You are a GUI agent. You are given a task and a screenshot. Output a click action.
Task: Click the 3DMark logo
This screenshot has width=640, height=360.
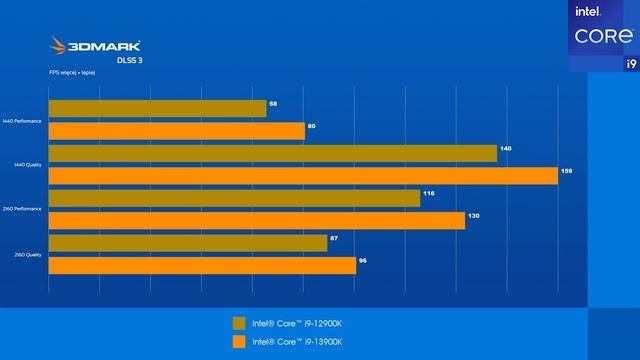96,46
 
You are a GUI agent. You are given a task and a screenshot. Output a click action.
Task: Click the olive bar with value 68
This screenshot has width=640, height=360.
157,109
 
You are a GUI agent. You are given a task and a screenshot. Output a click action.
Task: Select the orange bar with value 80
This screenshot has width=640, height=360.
176,131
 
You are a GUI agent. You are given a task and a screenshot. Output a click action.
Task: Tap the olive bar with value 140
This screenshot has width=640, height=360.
272,153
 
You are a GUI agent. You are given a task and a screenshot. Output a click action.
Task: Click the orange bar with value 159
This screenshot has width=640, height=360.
302,175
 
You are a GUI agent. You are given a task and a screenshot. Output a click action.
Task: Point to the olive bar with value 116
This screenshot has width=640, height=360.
234,198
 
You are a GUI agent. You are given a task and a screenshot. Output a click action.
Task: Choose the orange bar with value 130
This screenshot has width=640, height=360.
256,220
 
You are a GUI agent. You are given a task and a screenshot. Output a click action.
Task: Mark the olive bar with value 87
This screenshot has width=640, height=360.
187,243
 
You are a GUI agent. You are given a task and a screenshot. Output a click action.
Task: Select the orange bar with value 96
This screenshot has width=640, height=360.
202,265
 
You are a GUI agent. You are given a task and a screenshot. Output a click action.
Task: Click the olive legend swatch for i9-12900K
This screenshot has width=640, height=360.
238,323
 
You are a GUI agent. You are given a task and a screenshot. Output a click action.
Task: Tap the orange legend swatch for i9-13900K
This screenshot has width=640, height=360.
238,343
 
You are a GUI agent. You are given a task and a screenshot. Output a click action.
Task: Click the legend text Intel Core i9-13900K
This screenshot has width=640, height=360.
297,343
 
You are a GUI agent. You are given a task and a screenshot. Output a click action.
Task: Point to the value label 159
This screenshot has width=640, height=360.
566,171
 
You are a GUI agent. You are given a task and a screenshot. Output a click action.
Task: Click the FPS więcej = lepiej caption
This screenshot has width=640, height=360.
71,72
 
